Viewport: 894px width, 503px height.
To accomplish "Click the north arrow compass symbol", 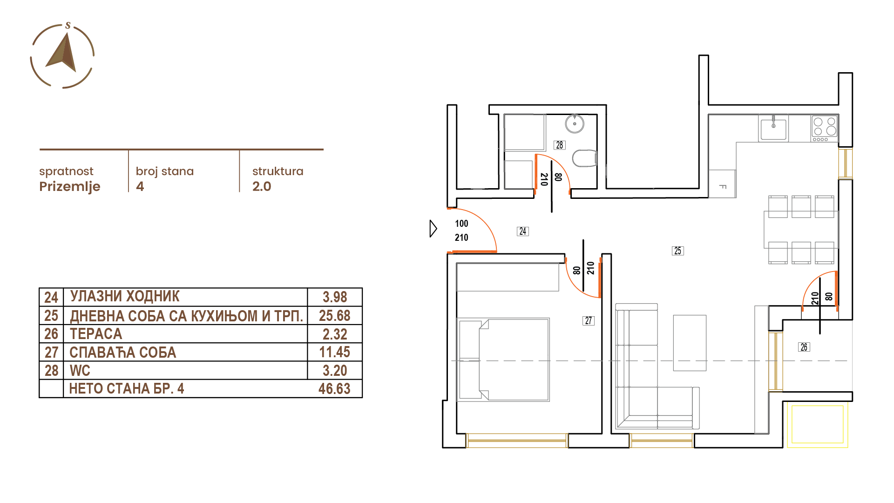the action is coord(62,55).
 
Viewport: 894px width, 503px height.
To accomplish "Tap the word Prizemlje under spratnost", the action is coord(70,187).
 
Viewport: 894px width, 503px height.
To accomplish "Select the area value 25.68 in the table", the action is coord(335,316).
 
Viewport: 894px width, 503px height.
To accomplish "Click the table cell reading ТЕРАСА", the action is coord(96,334).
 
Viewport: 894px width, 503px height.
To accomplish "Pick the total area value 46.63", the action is coord(334,389).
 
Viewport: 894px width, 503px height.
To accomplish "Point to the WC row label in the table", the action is coord(80,371).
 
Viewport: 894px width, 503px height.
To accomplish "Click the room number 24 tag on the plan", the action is coord(523,231).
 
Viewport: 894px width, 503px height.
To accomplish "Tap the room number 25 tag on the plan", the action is coord(678,251).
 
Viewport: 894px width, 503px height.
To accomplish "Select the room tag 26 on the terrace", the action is coord(804,347).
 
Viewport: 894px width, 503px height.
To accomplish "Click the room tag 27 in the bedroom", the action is coord(589,320).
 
